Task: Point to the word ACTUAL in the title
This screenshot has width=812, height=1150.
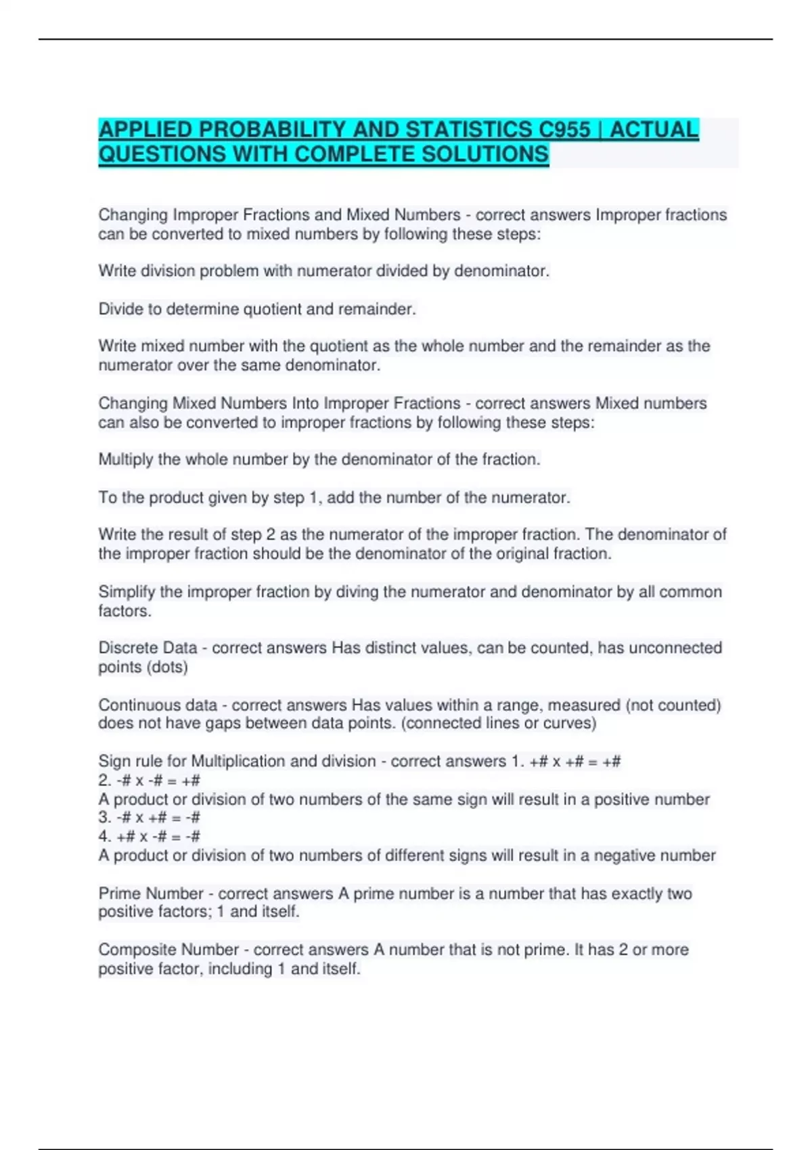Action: tap(654, 129)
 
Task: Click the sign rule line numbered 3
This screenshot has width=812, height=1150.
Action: tap(150, 818)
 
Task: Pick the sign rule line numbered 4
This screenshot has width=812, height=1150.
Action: tap(150, 837)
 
